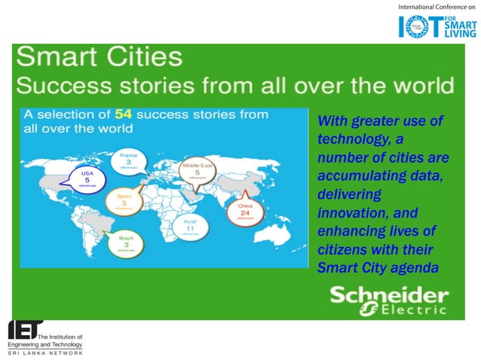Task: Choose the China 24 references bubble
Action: coord(245,211)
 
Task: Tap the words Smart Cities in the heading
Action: coord(99,58)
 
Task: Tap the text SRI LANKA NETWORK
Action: coord(45,352)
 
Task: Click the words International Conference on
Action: coord(436,7)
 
